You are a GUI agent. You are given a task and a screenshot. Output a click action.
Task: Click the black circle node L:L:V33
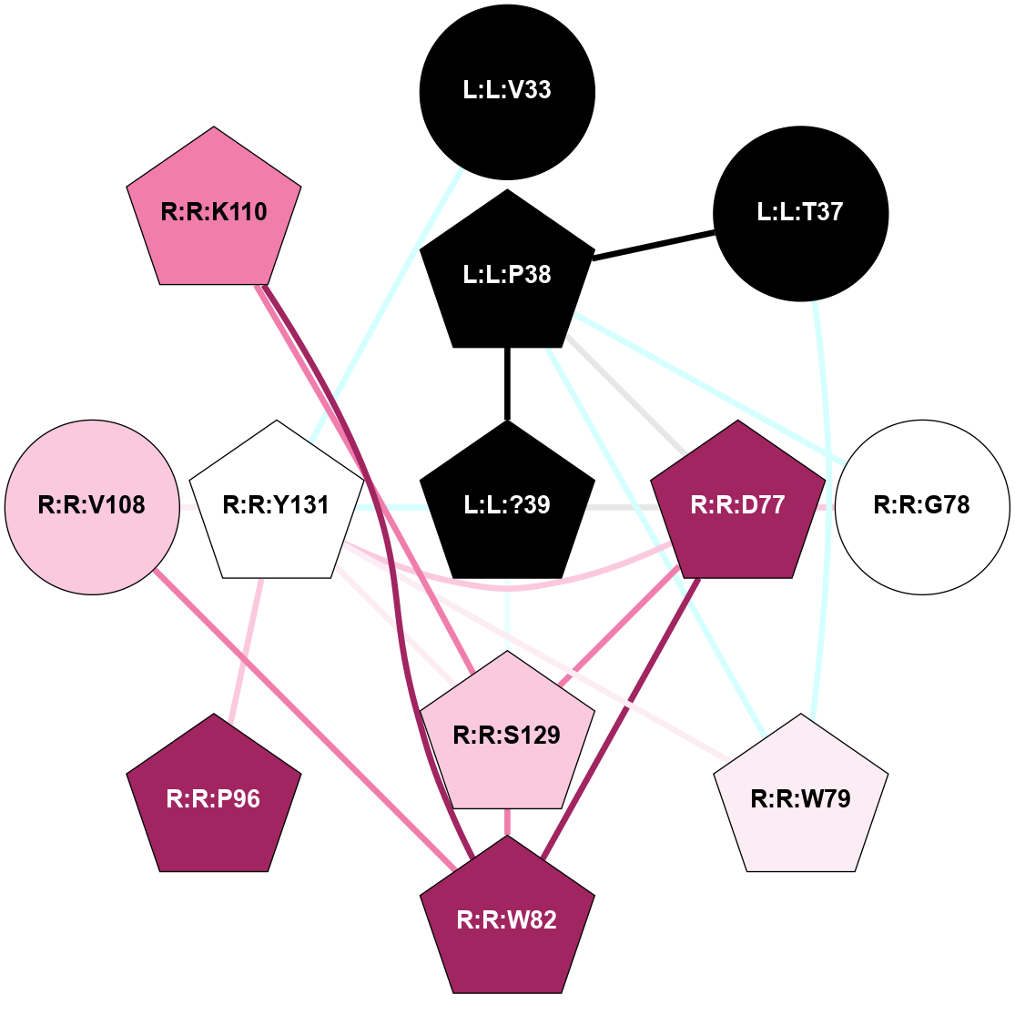click(x=507, y=91)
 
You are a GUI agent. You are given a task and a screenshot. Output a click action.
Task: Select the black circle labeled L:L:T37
click(x=800, y=213)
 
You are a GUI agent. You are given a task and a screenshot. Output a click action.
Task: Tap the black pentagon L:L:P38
click(x=507, y=274)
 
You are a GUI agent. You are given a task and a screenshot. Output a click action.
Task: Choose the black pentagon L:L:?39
click(x=507, y=504)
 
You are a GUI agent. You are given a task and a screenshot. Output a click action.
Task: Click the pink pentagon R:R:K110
click(x=214, y=212)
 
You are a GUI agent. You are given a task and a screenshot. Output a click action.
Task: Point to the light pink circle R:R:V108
click(x=92, y=505)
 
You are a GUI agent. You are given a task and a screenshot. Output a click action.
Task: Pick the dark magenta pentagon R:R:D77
click(x=738, y=505)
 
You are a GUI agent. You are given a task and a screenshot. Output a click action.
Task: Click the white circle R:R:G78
click(x=922, y=505)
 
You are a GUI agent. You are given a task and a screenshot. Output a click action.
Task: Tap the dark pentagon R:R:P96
click(x=214, y=798)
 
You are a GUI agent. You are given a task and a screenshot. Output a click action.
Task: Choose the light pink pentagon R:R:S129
click(x=507, y=736)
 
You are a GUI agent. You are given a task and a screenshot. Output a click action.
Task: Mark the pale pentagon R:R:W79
click(x=800, y=798)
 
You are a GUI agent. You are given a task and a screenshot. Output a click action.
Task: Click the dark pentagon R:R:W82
click(x=507, y=919)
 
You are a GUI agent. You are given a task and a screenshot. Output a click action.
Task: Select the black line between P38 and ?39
click(x=507, y=382)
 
